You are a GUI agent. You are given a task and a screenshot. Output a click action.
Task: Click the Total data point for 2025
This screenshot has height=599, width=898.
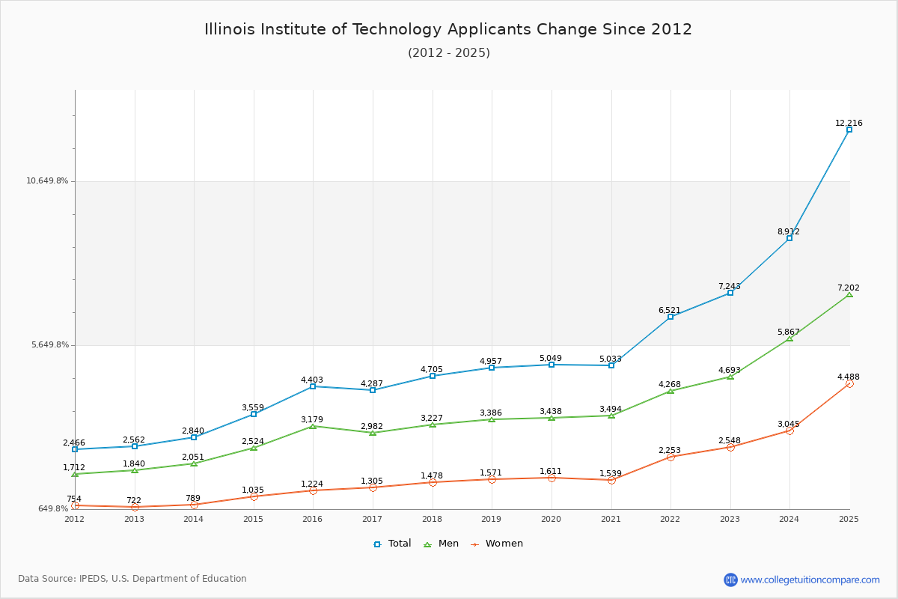pyautogui.click(x=849, y=130)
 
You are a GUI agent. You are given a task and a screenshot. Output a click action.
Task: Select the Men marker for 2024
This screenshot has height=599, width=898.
pyautogui.click(x=789, y=338)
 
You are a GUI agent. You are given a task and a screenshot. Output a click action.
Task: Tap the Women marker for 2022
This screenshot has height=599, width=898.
pyautogui.click(x=671, y=457)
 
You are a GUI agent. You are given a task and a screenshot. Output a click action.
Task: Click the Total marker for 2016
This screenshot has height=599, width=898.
pyautogui.click(x=313, y=386)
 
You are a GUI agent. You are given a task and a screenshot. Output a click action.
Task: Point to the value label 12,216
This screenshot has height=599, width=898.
pyautogui.click(x=849, y=123)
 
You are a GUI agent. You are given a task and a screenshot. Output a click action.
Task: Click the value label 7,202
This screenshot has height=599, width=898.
pyautogui.click(x=849, y=288)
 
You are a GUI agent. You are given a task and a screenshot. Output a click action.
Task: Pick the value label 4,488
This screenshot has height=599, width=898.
pyautogui.click(x=849, y=377)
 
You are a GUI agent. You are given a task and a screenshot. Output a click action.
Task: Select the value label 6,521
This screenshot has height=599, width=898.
pyautogui.click(x=670, y=310)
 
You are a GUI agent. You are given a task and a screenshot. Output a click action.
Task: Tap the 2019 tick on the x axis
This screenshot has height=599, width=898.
pyautogui.click(x=491, y=518)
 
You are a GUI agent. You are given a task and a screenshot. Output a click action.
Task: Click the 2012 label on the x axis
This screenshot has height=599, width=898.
pyautogui.click(x=74, y=518)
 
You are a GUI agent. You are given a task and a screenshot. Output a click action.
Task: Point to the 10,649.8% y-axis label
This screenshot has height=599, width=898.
pyautogui.click(x=47, y=180)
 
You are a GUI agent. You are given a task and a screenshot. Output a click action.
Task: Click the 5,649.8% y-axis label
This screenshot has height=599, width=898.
pyautogui.click(x=50, y=344)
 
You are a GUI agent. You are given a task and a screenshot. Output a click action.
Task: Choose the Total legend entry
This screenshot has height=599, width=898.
pyautogui.click(x=393, y=544)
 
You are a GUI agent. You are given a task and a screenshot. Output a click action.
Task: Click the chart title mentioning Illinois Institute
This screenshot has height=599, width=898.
pyautogui.click(x=448, y=29)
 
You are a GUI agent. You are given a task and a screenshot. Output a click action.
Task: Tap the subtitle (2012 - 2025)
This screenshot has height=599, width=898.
pyautogui.click(x=448, y=52)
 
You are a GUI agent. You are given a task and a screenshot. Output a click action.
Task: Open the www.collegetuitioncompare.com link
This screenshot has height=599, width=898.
pyautogui.click(x=810, y=580)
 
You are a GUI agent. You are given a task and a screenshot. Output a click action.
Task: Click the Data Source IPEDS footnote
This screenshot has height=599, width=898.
pyautogui.click(x=132, y=579)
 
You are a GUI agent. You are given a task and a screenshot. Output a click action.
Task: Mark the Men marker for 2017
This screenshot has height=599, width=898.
pyautogui.click(x=373, y=433)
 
